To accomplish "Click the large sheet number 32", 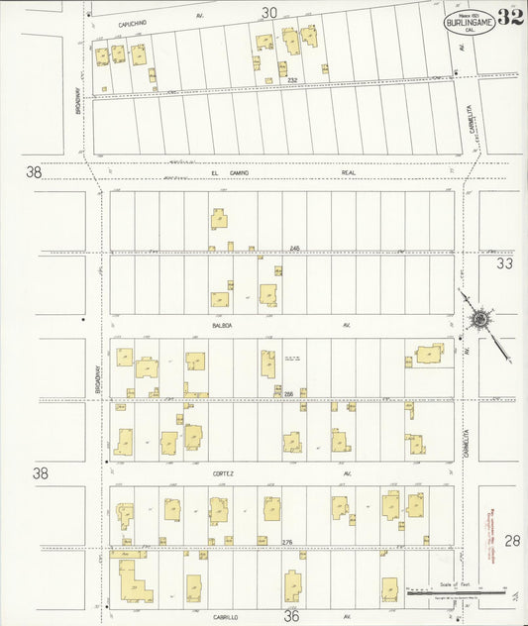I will pyautogui.click(x=511, y=17).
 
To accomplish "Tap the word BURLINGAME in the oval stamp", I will pyautogui.click(x=463, y=21).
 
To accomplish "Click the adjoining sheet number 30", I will pyautogui.click(x=268, y=13).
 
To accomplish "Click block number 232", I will pyautogui.click(x=292, y=80).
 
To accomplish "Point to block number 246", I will pyautogui.click(x=294, y=248).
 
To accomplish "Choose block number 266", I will pyautogui.click(x=288, y=394).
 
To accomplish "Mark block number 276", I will pyautogui.click(x=287, y=542).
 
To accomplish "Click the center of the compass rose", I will pyautogui.click(x=480, y=320).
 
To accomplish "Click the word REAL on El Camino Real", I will pyautogui.click(x=348, y=172).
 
